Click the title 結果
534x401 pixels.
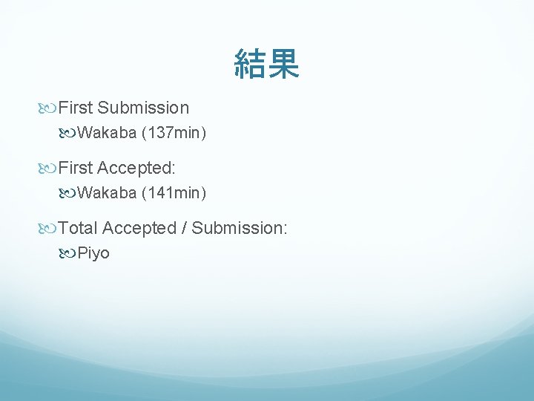click(x=266, y=64)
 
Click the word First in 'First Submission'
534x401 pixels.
click(x=76, y=108)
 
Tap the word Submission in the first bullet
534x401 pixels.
click(x=143, y=108)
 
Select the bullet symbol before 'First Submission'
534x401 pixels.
click(x=49, y=108)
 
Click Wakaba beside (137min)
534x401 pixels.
click(x=107, y=134)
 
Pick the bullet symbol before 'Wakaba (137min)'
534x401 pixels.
click(x=68, y=134)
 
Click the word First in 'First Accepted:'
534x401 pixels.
click(x=76, y=168)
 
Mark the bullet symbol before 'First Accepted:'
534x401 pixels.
click(x=49, y=169)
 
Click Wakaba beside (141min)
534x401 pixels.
click(x=107, y=194)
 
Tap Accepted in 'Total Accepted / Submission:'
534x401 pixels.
click(x=139, y=228)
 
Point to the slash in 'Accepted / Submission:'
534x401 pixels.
click(x=184, y=228)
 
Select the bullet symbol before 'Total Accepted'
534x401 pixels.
click(x=49, y=229)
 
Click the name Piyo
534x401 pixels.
click(x=93, y=254)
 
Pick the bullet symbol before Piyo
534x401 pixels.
click(x=68, y=254)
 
